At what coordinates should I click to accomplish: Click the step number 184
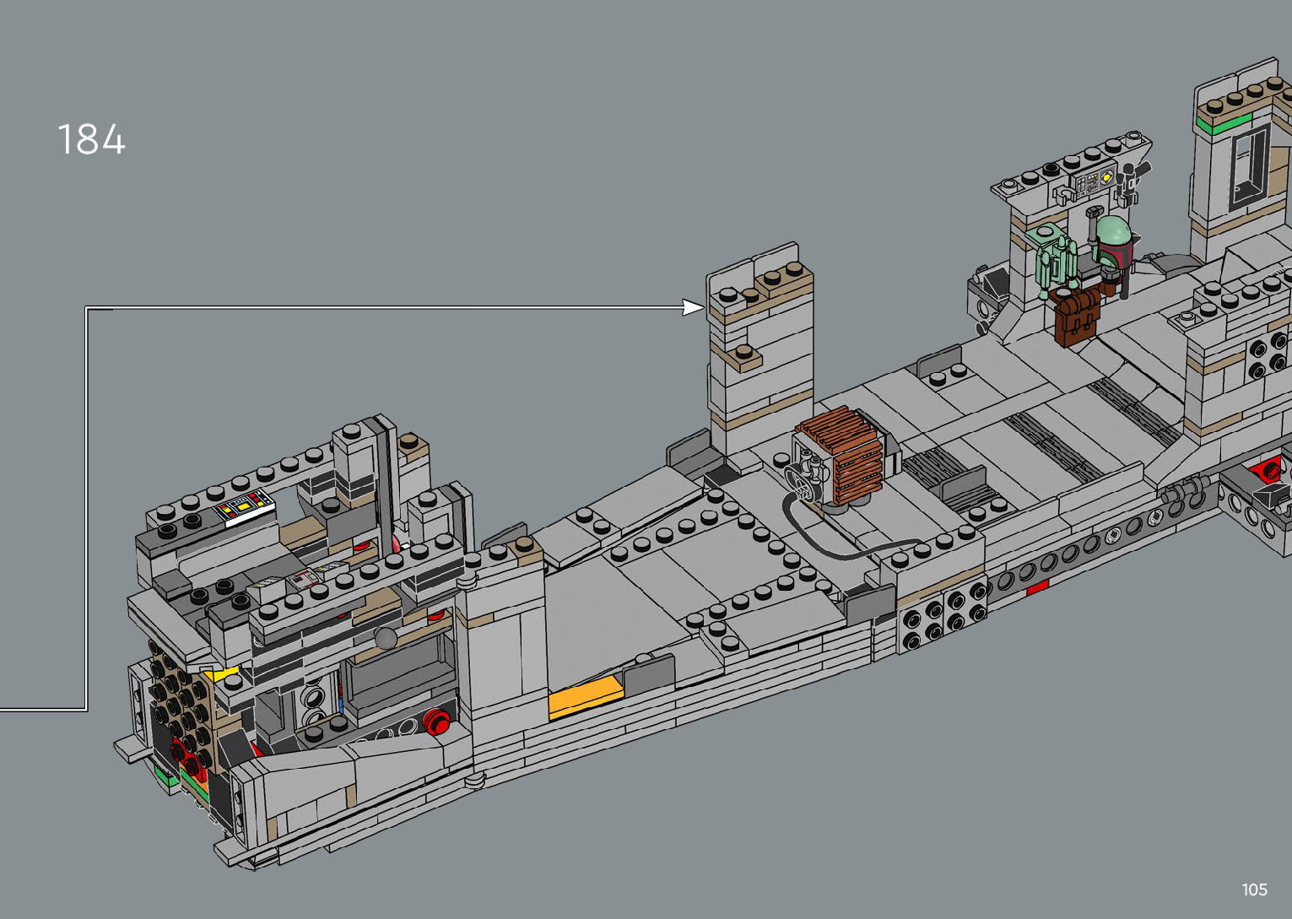(x=92, y=139)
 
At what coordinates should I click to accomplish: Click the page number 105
(x=1255, y=889)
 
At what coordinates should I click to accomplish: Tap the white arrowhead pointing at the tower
(x=694, y=307)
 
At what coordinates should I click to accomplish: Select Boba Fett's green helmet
(x=1112, y=233)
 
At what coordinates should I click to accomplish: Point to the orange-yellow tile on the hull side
(x=585, y=699)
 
